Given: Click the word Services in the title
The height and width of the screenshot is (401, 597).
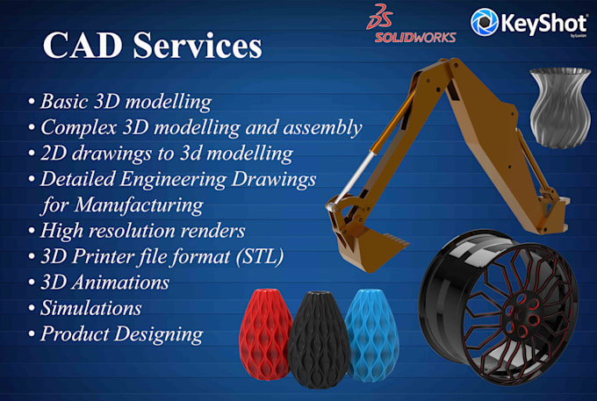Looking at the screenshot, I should [198, 46].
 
